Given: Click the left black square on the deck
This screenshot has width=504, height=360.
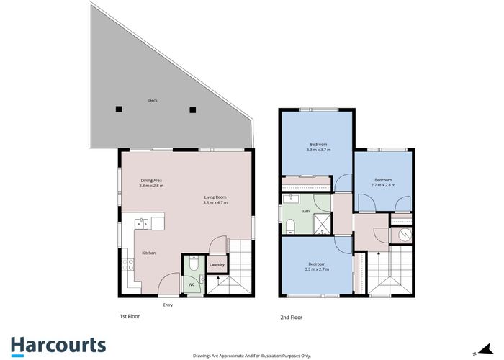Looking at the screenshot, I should pos(119,109).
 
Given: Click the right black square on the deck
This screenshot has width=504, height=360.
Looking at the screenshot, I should pos(192,110).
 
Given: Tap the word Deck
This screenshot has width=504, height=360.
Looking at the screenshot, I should pos(153,101).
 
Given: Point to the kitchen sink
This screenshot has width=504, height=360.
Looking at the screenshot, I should pos(143,224).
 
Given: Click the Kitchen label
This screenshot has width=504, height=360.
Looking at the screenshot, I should pos(149,253).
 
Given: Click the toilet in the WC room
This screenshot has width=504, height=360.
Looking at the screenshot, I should pos(192,264).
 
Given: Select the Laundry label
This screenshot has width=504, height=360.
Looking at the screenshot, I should pos(217,265).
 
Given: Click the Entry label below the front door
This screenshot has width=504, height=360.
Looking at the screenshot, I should pos(168,305).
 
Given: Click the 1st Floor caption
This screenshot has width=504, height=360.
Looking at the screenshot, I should pos(130,317).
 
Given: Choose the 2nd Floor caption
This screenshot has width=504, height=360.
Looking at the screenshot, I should pos(291,317).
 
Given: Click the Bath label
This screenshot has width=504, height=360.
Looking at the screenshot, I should pos(305,211).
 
